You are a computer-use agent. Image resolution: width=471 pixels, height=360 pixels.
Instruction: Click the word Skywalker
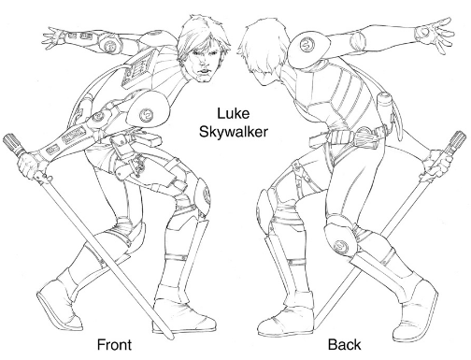click(233, 132)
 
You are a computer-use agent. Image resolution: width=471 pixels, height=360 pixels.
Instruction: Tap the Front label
click(114, 345)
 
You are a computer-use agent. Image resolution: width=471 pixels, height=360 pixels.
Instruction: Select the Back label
click(345, 345)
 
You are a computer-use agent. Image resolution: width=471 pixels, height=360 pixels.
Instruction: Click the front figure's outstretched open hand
click(54, 38)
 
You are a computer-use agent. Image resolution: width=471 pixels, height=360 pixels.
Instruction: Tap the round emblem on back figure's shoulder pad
click(307, 45)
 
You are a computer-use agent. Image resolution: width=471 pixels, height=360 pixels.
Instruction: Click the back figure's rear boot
click(414, 311)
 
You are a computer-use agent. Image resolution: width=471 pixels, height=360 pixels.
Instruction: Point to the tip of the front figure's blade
click(170, 338)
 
